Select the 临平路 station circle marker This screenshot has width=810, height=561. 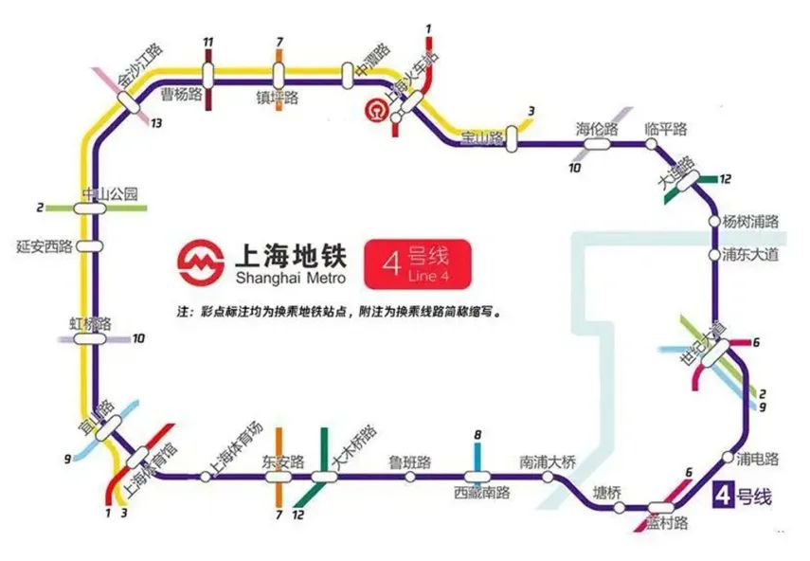point(651,144)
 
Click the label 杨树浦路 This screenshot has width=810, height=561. point(750,221)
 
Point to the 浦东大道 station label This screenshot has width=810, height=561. point(750,254)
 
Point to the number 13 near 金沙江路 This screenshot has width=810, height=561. point(156,123)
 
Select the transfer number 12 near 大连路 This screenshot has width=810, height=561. point(726,178)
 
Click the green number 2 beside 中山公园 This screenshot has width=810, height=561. point(40,207)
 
